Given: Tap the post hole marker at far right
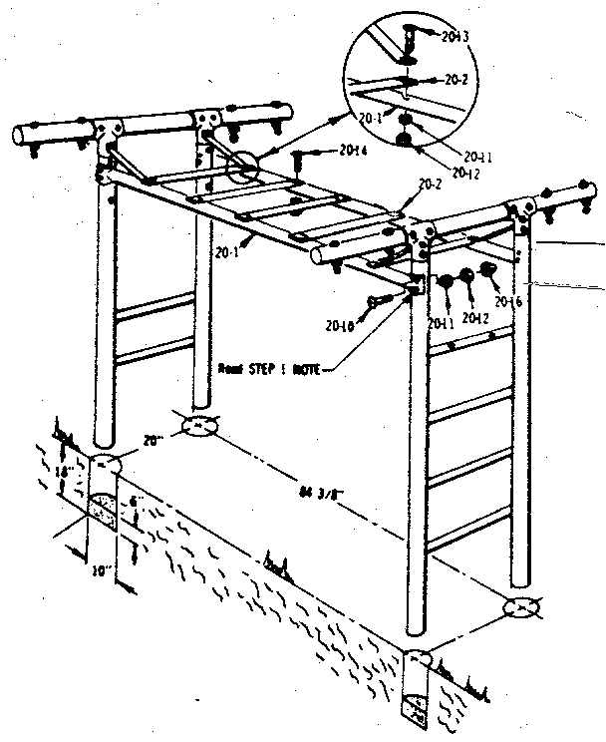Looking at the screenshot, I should click(x=520, y=606).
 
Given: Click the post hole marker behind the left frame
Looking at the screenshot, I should click(x=199, y=427).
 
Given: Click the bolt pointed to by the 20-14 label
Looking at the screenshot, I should click(x=299, y=157).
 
